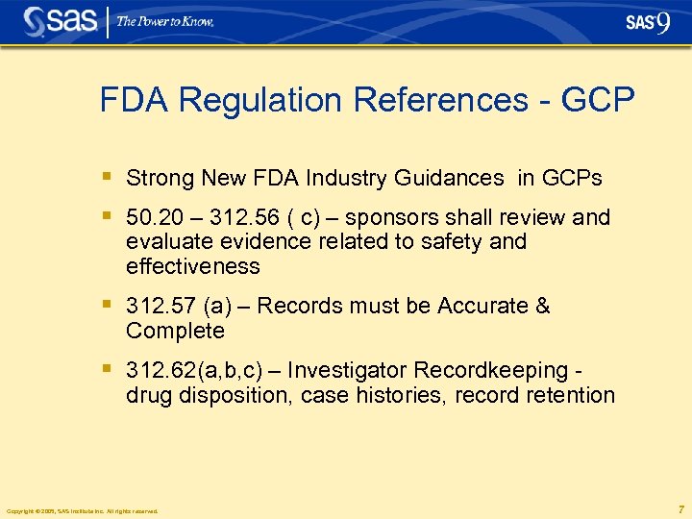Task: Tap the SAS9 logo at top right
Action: pos(647,22)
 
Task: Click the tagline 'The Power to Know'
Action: pos(165,21)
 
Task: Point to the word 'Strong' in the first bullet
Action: pos(160,178)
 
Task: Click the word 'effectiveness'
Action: pos(192,266)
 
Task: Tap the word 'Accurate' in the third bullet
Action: pos(482,306)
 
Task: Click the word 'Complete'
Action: pos(175,331)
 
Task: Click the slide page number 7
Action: pos(680,508)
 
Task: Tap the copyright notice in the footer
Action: pos(82,510)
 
